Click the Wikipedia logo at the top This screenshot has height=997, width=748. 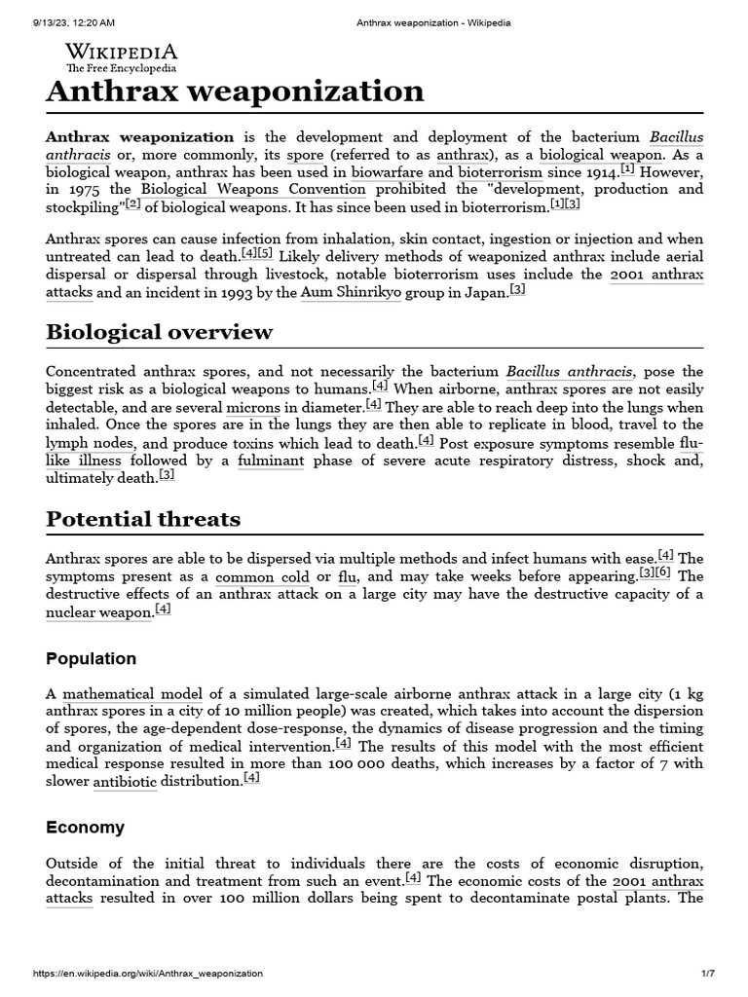click(x=121, y=56)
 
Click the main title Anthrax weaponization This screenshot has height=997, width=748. click(x=235, y=92)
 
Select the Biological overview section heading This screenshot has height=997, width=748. click(x=160, y=332)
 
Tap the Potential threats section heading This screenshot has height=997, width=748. click(x=143, y=519)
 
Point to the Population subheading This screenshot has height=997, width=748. click(x=92, y=658)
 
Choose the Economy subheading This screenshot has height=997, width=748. click(x=86, y=827)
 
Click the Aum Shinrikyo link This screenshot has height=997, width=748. click(x=351, y=292)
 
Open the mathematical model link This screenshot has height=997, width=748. click(x=132, y=694)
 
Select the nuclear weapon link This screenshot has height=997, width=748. click(x=98, y=612)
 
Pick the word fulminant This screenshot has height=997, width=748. click(x=270, y=461)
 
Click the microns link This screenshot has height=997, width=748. click(x=252, y=407)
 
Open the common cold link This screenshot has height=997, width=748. click(x=262, y=576)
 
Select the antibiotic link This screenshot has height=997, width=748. click(x=124, y=782)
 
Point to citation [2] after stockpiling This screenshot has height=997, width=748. click(x=132, y=203)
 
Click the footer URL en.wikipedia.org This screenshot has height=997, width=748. click(x=147, y=974)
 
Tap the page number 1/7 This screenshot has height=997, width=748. click(x=707, y=974)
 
